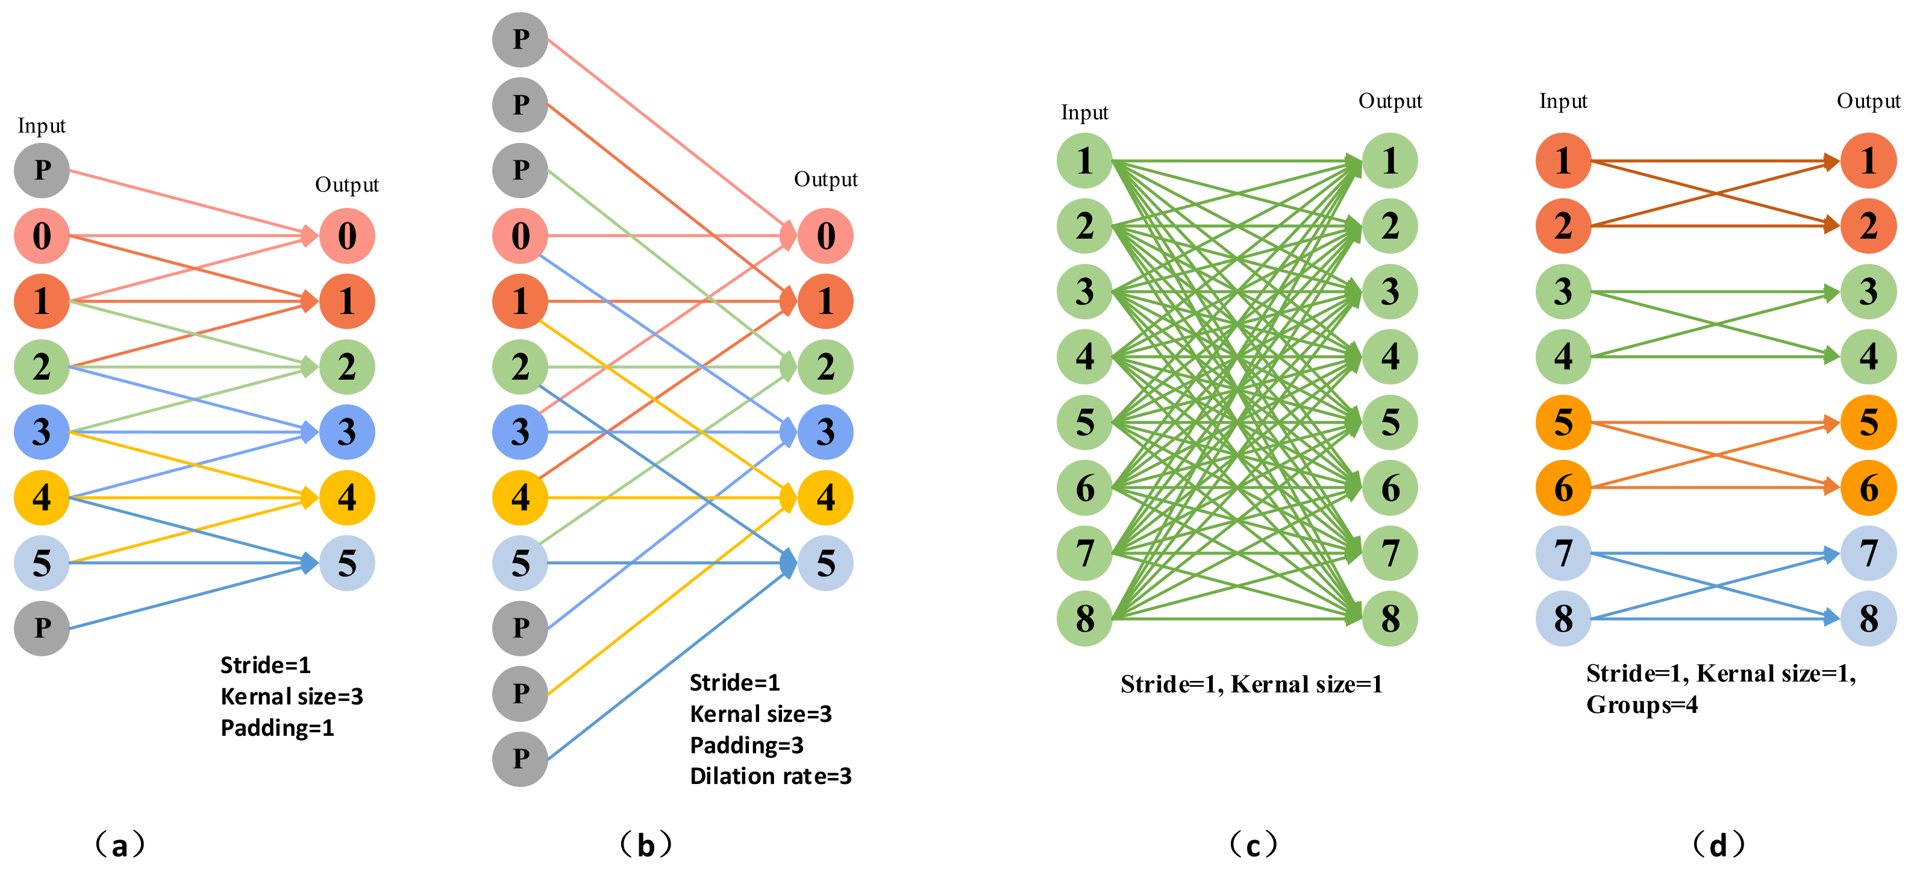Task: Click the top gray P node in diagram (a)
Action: point(42,171)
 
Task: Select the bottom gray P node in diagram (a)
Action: point(42,628)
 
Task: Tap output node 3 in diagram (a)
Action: point(347,432)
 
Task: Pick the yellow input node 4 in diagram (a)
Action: point(42,497)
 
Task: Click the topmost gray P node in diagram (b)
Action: point(520,39)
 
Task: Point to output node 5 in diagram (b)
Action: point(825,563)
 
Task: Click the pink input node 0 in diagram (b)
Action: point(520,236)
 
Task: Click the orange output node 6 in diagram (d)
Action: point(1868,488)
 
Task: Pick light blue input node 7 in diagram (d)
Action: point(1563,553)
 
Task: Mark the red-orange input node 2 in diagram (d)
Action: point(1563,226)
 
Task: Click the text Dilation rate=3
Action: point(771,776)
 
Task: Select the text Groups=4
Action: point(1642,704)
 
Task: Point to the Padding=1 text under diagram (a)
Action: point(277,727)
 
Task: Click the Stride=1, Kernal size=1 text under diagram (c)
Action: point(1251,684)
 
